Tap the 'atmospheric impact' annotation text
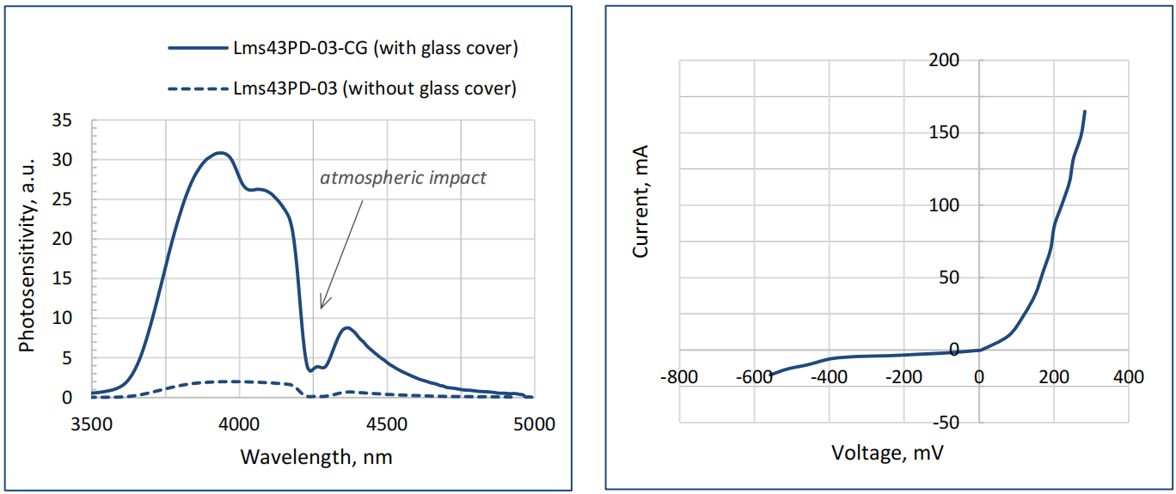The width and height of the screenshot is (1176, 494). [x=403, y=178]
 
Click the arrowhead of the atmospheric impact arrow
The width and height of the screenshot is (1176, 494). [x=322, y=306]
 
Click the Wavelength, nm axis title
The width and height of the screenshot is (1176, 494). [x=315, y=455]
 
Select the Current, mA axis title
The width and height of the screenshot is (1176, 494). [x=640, y=201]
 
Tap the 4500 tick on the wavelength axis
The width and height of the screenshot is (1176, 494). [x=387, y=424]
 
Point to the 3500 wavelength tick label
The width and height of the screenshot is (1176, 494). [x=91, y=424]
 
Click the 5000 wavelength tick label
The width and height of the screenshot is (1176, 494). [x=534, y=424]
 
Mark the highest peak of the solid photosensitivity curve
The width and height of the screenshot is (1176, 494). [x=221, y=153]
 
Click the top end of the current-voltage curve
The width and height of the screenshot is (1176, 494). [x=1085, y=112]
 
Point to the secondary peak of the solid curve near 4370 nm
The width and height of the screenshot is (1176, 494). [x=346, y=327]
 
